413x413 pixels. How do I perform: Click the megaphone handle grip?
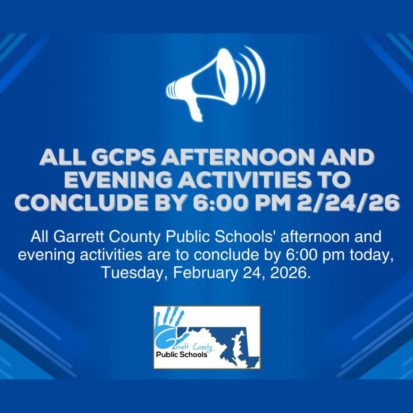click(195, 109)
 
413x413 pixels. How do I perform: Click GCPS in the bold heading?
click(123, 157)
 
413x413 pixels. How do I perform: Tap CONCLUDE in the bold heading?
click(82, 203)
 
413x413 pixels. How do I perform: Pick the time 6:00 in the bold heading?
click(221, 203)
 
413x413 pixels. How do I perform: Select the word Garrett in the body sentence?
click(80, 237)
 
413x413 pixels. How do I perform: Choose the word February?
click(205, 273)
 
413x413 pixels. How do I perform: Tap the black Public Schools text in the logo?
click(182, 354)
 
